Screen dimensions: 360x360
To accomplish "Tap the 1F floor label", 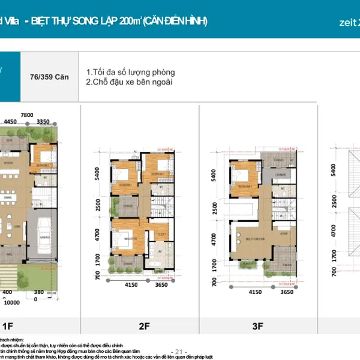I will [8, 326].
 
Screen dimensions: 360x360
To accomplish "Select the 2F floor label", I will [144, 326].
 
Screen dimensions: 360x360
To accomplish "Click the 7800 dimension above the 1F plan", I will [26, 115].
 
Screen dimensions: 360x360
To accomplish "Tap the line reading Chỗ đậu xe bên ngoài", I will [129, 82].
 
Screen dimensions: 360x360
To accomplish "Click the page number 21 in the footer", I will [179, 352].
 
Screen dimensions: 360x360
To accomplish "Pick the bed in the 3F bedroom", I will [245, 176].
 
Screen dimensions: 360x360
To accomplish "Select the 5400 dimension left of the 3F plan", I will [212, 175].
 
